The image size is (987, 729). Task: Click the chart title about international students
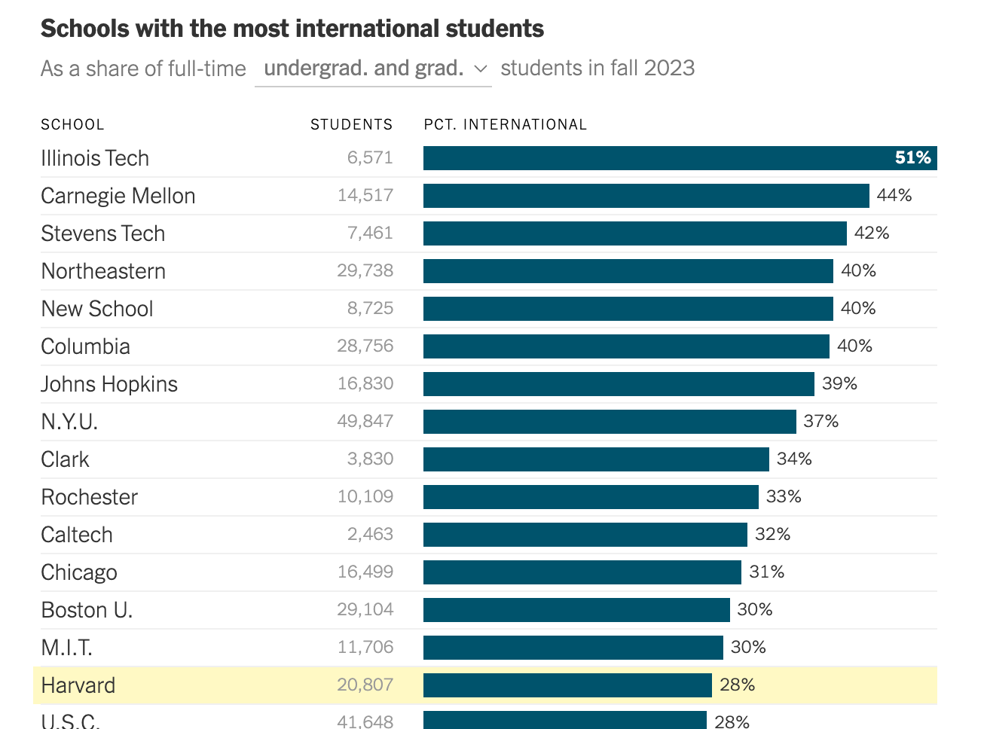[292, 29]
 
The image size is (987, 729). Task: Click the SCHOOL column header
[72, 124]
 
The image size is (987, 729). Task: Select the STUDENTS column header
[351, 124]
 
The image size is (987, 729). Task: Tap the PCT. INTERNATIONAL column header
[505, 124]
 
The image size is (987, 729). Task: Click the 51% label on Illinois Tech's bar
[912, 158]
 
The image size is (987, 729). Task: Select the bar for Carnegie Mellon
[646, 196]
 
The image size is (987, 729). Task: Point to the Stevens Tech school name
[102, 233]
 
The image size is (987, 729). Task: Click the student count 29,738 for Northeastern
[365, 271]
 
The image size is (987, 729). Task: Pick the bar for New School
[628, 309]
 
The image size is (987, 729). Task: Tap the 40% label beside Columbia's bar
[854, 346]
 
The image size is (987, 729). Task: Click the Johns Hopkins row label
[109, 384]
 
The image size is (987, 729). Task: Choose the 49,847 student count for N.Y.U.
[365, 422]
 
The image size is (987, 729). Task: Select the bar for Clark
[596, 459]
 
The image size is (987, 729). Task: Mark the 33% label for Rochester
[784, 497]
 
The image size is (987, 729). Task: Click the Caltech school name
[77, 535]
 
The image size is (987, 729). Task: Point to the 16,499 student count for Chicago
[365, 572]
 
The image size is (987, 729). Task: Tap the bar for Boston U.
[576, 610]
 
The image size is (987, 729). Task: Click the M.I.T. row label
[66, 648]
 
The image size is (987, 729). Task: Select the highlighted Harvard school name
[78, 685]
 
